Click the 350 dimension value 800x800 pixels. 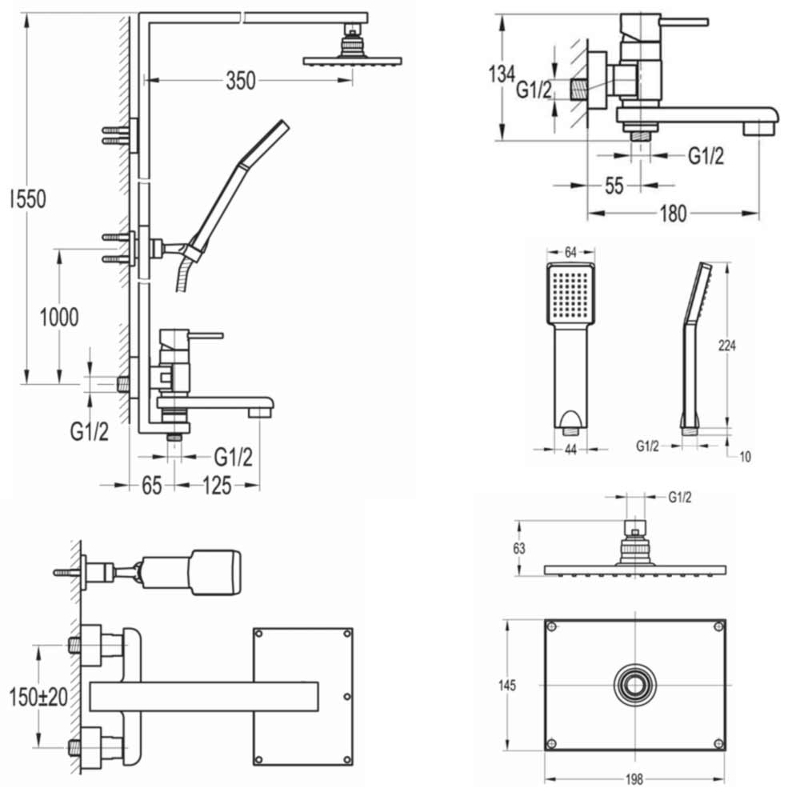[x=240, y=80]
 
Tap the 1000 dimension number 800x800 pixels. [x=59, y=318]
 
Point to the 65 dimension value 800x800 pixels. [x=152, y=485]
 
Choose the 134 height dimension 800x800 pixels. [x=501, y=75]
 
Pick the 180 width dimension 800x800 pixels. [x=674, y=214]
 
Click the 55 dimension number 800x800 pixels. [x=613, y=186]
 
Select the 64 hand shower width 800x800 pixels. [x=570, y=252]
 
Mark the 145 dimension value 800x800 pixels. [x=506, y=686]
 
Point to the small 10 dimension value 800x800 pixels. [x=745, y=457]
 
